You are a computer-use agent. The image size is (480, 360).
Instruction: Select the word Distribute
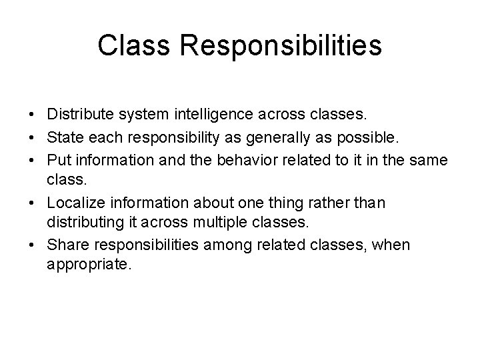click(x=81, y=115)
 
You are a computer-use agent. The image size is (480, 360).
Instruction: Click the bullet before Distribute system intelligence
click(x=34, y=115)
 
